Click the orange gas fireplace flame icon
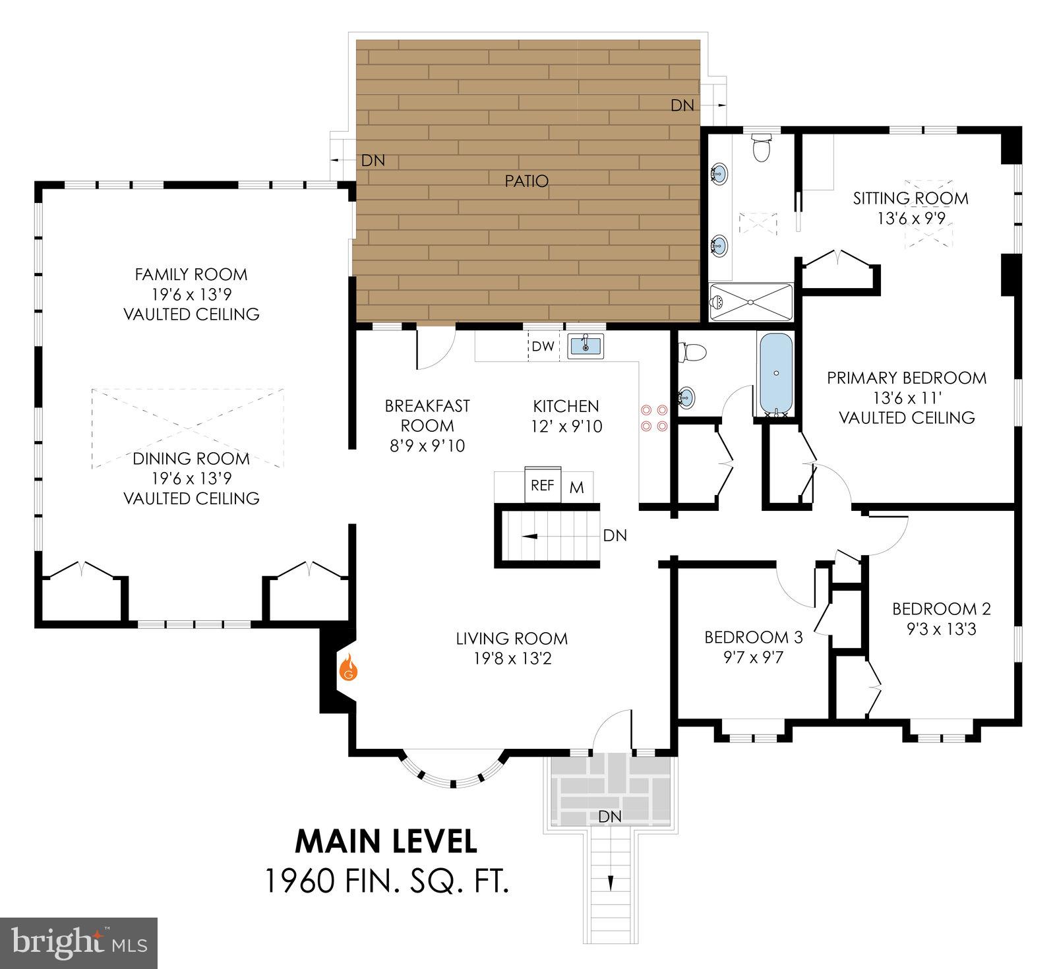click(348, 667)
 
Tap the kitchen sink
click(585, 345)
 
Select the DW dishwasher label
click(543, 346)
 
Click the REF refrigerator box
click(542, 485)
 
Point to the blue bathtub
click(776, 373)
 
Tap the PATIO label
click(526, 181)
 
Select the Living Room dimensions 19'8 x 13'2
click(512, 658)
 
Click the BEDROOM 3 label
click(753, 637)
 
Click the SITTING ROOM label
click(911, 198)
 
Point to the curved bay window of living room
click(454, 775)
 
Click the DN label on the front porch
click(610, 817)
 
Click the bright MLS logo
click(78, 943)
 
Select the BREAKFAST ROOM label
click(427, 415)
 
